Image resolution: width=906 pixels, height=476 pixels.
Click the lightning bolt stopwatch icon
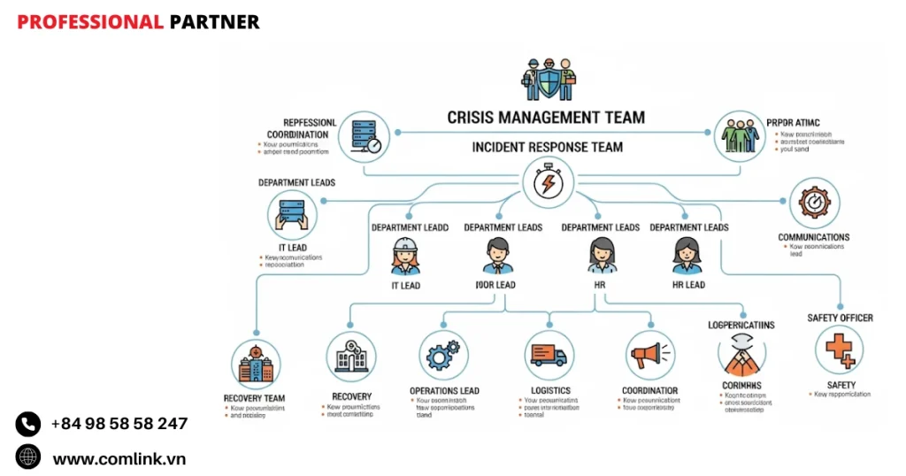coord(547,185)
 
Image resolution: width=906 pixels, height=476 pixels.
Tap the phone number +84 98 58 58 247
coord(119,424)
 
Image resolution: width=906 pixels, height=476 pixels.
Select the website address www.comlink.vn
coord(119,458)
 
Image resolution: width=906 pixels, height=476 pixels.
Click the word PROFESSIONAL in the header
coord(90,22)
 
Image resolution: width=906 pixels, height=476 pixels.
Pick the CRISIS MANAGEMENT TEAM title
coord(546,117)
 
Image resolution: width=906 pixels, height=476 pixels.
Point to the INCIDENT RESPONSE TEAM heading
coord(547,147)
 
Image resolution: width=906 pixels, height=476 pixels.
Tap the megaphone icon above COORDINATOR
coord(649,357)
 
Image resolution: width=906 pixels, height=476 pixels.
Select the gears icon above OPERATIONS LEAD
coord(443,357)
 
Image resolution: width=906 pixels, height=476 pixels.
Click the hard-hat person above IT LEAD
coord(405,257)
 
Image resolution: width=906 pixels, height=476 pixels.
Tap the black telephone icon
coord(28,425)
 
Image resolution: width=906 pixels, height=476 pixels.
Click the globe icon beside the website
coord(28,457)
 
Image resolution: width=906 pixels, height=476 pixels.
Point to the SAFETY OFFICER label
coord(840,318)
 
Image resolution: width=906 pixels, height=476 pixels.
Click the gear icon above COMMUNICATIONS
coord(813,203)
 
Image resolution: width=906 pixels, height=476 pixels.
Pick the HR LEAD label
coord(688,285)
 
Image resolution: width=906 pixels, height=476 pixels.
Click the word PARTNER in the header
coord(214,22)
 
